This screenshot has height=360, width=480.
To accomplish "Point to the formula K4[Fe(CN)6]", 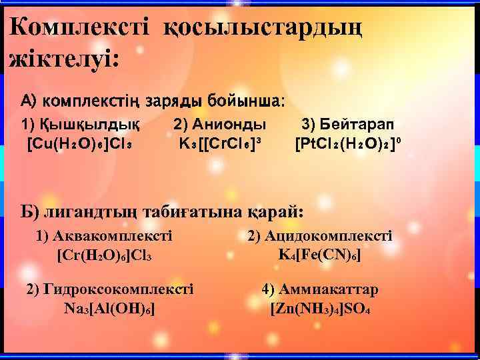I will coord(319,254).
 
